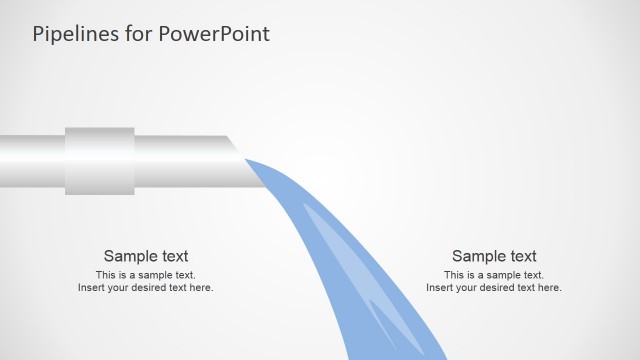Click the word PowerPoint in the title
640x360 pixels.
pos(211,34)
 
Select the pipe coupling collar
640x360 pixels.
pos(100,160)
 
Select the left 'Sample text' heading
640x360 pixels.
pos(146,256)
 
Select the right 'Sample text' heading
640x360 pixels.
pos(494,256)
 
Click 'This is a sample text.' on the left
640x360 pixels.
pos(146,274)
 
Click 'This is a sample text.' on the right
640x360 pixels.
pos(494,274)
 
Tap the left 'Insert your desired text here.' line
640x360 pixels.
pos(146,288)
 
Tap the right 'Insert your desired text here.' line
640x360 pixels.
pos(494,288)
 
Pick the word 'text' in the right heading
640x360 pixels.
pos(521,256)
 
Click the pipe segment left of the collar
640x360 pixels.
pos(32,160)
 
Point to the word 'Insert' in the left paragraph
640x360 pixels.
pos(91,288)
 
